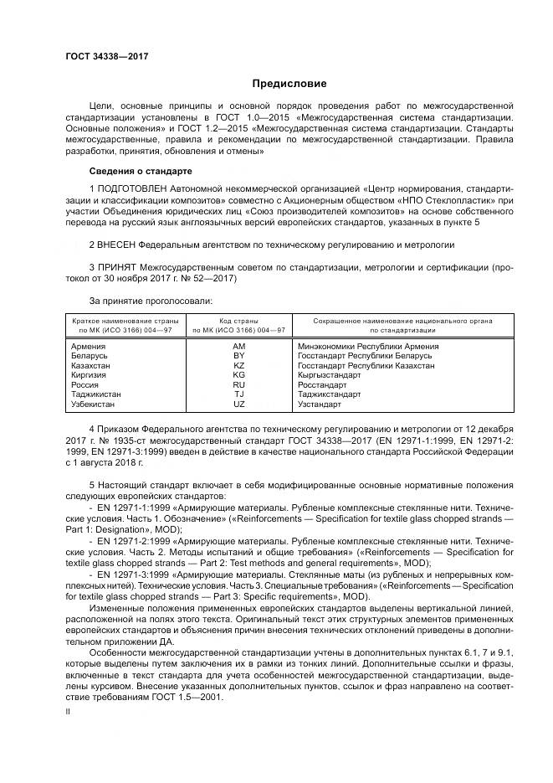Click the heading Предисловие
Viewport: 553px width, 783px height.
(x=290, y=84)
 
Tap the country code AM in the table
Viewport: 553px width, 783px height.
(x=238, y=346)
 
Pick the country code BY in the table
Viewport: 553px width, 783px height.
(x=238, y=356)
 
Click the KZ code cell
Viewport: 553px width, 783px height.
(x=238, y=366)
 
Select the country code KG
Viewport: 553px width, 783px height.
(x=238, y=375)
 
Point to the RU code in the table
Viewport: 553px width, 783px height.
(x=238, y=385)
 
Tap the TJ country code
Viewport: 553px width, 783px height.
(x=238, y=394)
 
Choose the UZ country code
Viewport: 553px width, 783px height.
(x=238, y=404)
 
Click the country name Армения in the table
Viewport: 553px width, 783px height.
(x=88, y=346)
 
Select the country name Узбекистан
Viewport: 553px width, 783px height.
(x=95, y=404)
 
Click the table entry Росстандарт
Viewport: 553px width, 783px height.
(x=322, y=385)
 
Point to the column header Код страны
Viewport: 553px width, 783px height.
(x=238, y=321)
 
